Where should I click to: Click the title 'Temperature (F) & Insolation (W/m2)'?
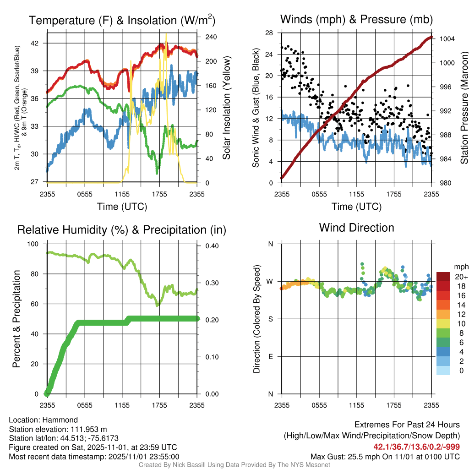click(x=122, y=20)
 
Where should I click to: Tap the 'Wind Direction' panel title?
click(x=356, y=228)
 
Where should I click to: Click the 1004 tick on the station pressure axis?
click(x=447, y=39)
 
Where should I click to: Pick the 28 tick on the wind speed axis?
click(x=269, y=33)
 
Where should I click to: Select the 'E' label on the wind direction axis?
click(x=270, y=356)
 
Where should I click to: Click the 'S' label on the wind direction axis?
click(x=270, y=319)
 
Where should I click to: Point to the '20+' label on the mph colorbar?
click(x=460, y=277)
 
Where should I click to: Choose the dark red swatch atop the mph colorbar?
click(x=443, y=277)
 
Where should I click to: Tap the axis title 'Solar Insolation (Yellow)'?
click(x=226, y=108)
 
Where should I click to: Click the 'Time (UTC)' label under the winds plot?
click(x=357, y=207)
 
